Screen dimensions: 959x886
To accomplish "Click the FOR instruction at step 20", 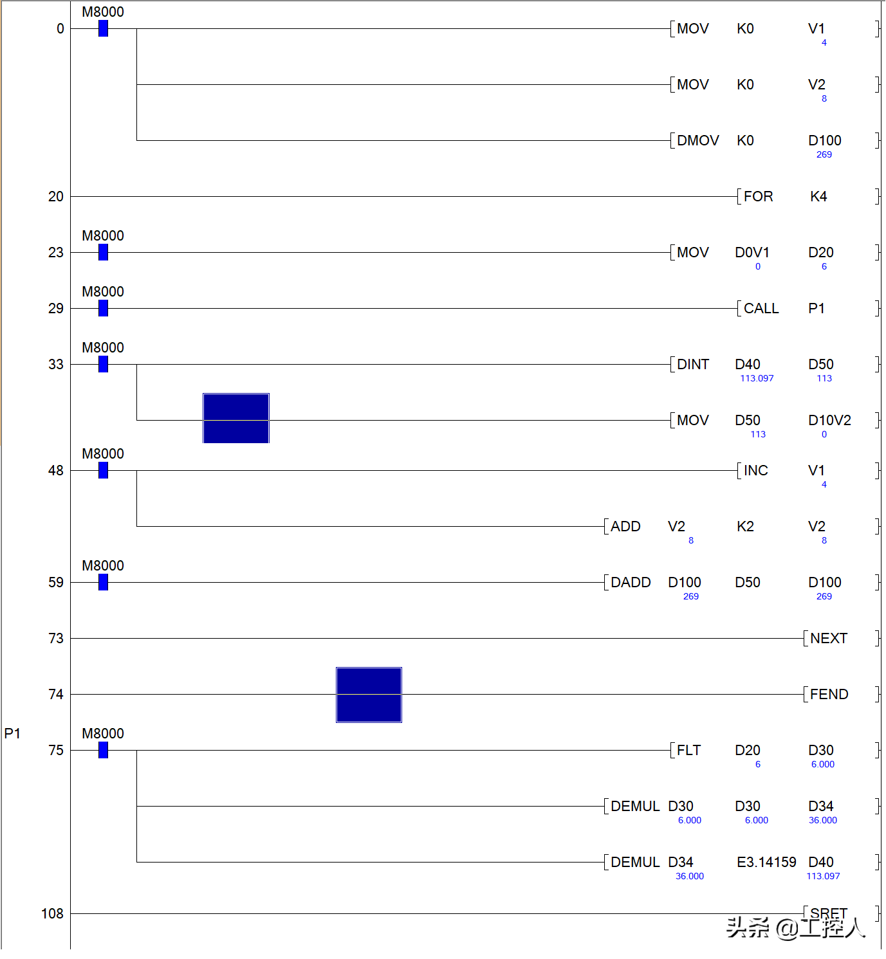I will coord(758,197).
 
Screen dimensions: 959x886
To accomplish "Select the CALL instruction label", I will coord(761,309).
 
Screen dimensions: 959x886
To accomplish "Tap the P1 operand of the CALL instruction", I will coord(817,309).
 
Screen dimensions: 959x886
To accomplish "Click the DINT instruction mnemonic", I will coord(693,365).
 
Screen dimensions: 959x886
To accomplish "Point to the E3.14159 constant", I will coord(766,863).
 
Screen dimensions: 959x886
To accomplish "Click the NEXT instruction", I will coord(829,639).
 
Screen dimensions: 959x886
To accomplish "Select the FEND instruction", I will coord(829,695).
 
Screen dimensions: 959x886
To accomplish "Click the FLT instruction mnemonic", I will coord(688,751).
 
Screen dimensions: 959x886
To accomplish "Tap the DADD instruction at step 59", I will coord(631,583).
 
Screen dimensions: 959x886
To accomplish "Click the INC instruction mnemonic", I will coord(756,471).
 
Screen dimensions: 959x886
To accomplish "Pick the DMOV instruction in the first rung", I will coord(697,141).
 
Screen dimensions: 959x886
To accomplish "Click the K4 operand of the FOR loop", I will coord(818,197).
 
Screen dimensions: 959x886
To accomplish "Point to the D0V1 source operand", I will coord(752,253).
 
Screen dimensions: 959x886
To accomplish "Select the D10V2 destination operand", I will coord(829,421).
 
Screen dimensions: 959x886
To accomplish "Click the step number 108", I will coord(52,914).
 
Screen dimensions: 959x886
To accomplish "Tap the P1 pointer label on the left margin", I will coord(12,734).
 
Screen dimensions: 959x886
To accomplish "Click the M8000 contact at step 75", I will coord(103,751).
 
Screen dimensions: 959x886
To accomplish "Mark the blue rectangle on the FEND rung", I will coord(369,695).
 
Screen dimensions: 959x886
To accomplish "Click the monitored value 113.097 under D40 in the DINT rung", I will coord(757,379).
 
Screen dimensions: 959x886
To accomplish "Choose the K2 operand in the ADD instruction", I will coord(745,527).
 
